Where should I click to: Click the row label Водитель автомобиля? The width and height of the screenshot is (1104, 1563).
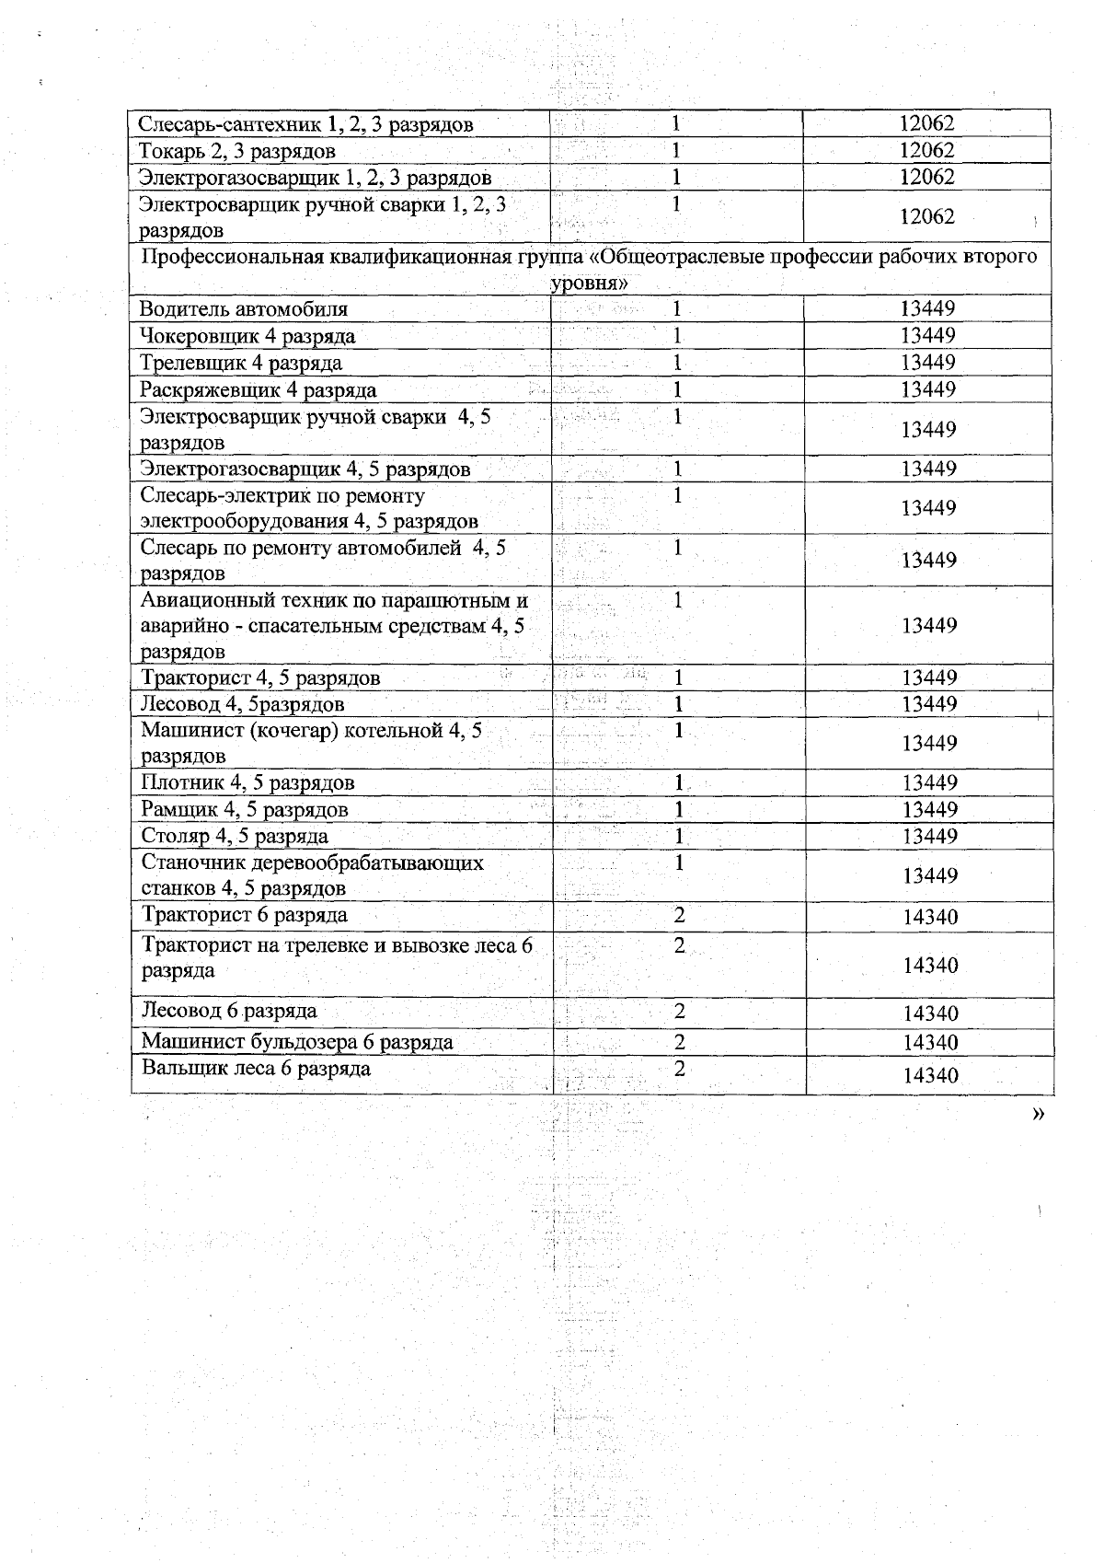(x=244, y=309)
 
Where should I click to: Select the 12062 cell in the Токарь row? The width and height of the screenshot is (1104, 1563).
(x=926, y=150)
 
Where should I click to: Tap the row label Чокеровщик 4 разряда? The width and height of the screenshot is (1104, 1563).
(x=247, y=336)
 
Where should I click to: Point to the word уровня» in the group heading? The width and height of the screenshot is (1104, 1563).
(x=589, y=283)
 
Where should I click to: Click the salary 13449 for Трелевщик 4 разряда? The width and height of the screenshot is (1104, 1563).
(x=927, y=363)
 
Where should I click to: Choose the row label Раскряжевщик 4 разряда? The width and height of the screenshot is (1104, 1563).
(x=259, y=389)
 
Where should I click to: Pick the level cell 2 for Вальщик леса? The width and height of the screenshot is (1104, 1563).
(x=679, y=1070)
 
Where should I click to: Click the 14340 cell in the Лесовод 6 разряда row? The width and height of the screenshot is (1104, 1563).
(x=930, y=1013)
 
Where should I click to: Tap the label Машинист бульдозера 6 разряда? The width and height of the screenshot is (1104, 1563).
(x=297, y=1042)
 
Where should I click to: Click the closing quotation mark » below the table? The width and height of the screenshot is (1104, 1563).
(x=1038, y=1115)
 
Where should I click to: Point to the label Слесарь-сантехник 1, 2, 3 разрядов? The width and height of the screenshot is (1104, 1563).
(x=305, y=124)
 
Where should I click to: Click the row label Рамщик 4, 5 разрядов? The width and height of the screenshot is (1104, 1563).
(x=245, y=810)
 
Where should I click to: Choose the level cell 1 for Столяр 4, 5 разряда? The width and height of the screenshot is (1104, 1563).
(x=679, y=837)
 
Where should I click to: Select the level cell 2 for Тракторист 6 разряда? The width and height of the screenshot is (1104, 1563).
(x=679, y=916)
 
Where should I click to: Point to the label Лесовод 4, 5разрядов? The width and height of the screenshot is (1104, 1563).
(x=243, y=705)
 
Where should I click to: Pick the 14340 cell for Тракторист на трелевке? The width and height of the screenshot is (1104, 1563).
(x=930, y=965)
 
